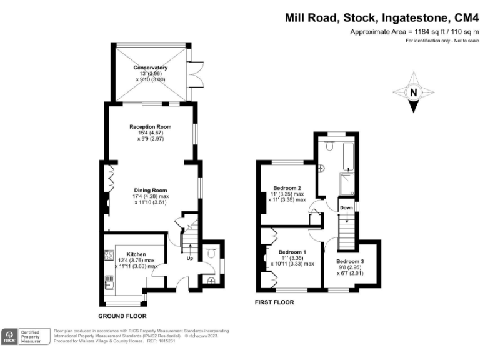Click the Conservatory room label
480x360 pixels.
151,67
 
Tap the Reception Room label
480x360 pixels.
150,127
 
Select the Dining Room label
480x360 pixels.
150,191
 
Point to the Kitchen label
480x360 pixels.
136,254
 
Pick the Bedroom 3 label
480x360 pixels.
349,261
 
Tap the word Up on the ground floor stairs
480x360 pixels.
189,258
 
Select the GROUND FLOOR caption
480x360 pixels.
122,316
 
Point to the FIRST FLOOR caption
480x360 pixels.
274,302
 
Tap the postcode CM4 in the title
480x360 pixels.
464,19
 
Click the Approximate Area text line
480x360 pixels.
414,31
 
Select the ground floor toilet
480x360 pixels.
210,254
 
